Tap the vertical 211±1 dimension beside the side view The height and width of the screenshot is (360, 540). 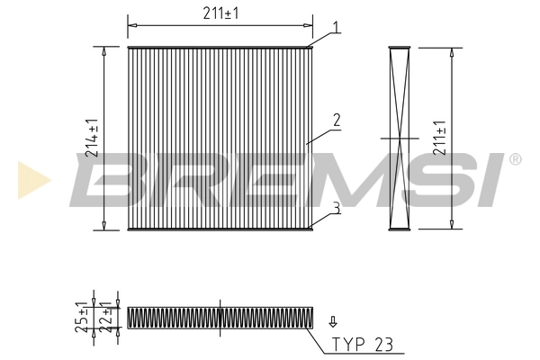coord(439,137)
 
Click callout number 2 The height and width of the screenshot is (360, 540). coord(335,119)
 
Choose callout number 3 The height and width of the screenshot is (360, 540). coord(335,209)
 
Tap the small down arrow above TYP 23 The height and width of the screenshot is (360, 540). coord(333,320)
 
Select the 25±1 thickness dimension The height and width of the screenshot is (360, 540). coord(81,317)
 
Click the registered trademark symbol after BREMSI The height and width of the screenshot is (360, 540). coord(515,159)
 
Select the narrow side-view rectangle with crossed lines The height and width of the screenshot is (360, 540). coord(400,138)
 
